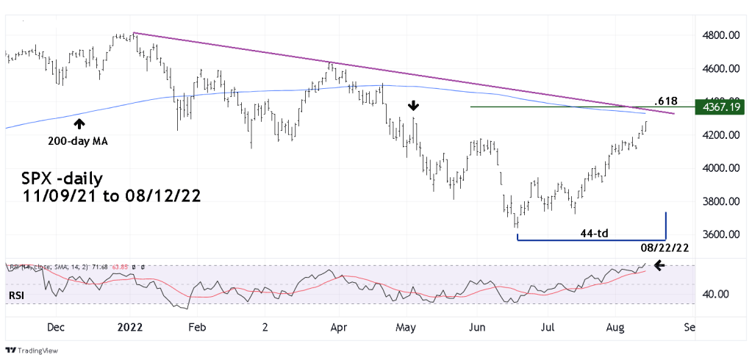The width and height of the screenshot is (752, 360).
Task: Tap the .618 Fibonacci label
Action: pyautogui.click(x=665, y=101)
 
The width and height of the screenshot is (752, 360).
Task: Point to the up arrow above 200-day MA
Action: pyautogui.click(x=79, y=124)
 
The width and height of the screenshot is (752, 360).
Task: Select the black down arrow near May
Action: pyautogui.click(x=415, y=106)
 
